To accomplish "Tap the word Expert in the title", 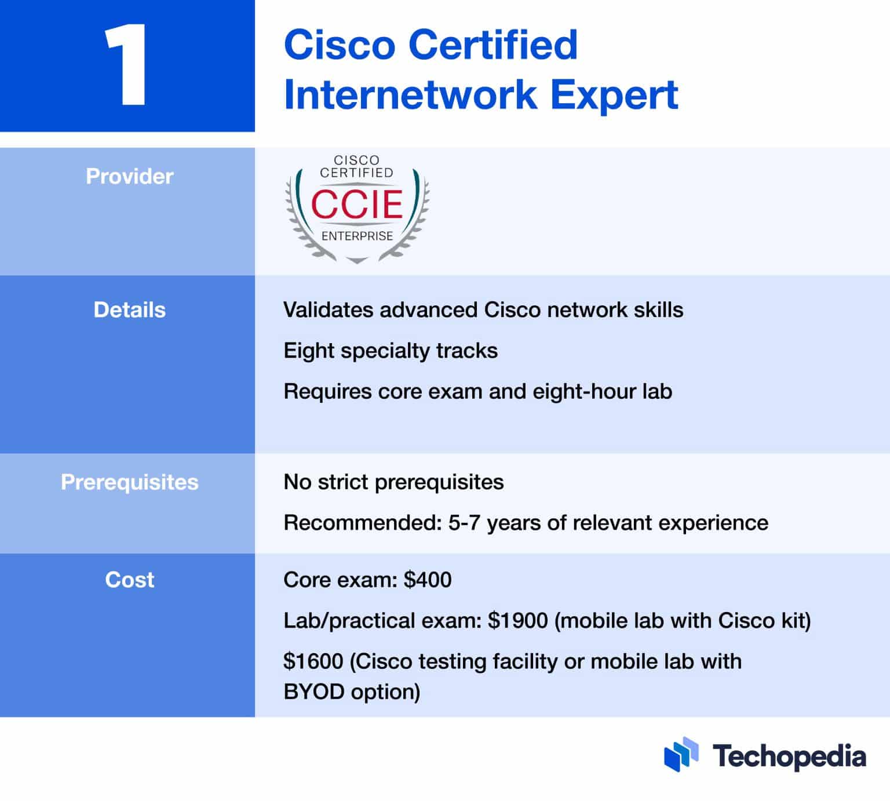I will [x=614, y=96].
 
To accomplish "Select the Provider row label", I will [x=129, y=176].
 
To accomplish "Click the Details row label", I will [x=129, y=310].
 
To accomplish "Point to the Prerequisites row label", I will [x=129, y=482].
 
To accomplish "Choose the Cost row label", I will [x=129, y=580].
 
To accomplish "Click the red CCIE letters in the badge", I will [x=357, y=203].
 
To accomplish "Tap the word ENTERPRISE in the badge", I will [x=357, y=236].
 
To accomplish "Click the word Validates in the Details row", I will [x=328, y=310].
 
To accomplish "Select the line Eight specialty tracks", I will [x=390, y=351].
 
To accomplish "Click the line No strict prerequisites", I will [x=393, y=482].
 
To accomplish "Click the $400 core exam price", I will [x=428, y=580].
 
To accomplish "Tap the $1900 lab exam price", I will [x=517, y=621].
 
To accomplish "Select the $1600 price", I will [x=313, y=661].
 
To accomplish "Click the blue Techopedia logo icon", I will [x=681, y=755].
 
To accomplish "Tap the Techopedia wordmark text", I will [x=789, y=756].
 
